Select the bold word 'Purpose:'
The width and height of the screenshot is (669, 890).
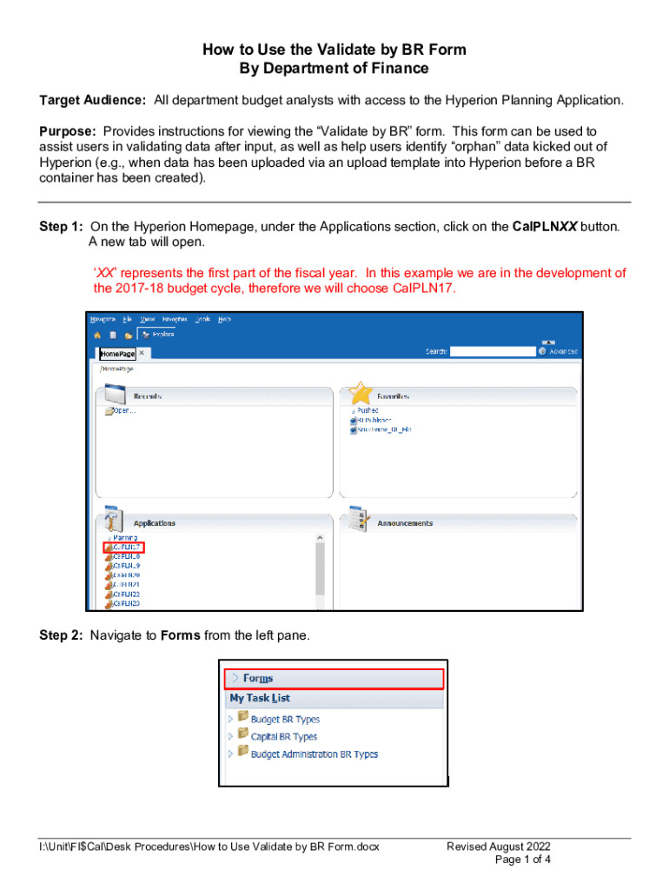click(x=69, y=130)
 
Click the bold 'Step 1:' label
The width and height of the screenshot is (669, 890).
click(x=62, y=227)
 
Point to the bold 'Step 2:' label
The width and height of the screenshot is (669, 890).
click(x=62, y=635)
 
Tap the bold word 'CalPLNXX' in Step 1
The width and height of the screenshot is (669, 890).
click(x=546, y=227)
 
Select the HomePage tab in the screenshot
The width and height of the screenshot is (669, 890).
click(x=118, y=354)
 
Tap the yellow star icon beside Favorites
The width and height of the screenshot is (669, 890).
click(x=361, y=395)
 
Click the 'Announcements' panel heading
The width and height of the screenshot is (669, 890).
click(x=405, y=523)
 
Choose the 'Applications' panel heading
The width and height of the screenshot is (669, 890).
click(x=154, y=523)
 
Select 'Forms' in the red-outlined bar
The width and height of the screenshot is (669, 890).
click(x=258, y=678)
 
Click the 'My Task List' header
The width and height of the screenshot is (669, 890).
click(x=260, y=698)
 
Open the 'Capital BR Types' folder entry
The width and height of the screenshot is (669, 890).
click(x=283, y=737)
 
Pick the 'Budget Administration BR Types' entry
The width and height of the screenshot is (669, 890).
click(x=314, y=754)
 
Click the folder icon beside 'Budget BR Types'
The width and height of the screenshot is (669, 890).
click(x=242, y=719)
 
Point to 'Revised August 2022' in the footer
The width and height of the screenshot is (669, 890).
click(x=499, y=847)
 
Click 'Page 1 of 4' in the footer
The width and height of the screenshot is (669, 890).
click(x=522, y=860)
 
